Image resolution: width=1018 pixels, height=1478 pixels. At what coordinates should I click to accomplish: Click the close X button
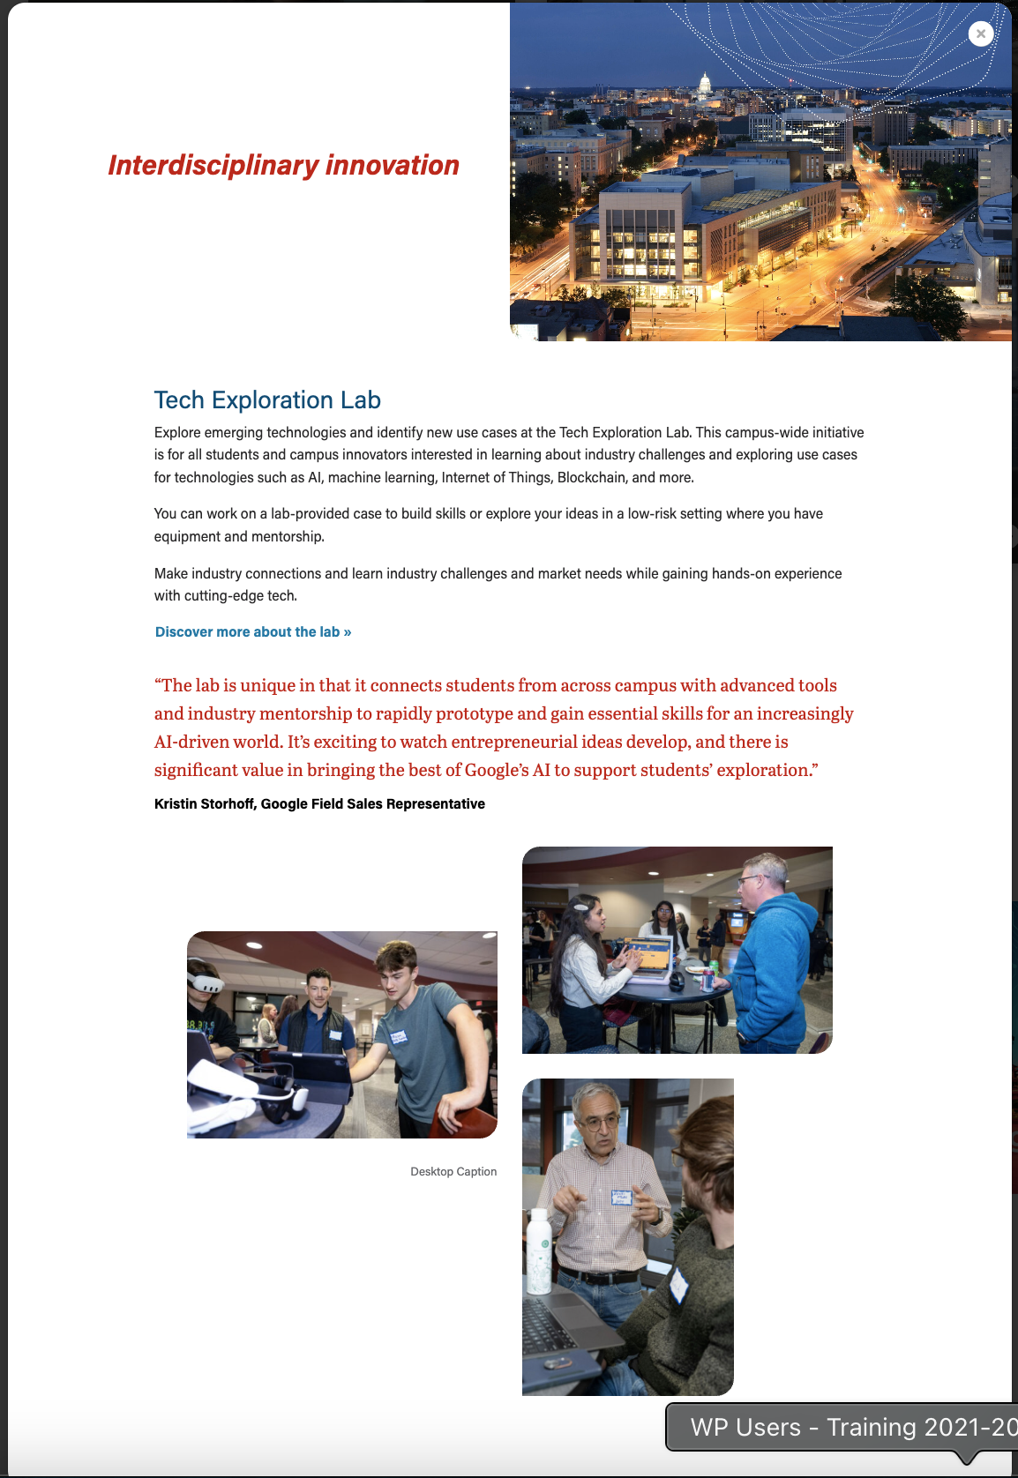tap(980, 34)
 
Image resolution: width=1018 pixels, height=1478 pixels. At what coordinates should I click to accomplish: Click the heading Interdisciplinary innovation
tap(283, 165)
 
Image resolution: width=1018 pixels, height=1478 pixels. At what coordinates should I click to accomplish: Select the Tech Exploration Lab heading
tap(267, 400)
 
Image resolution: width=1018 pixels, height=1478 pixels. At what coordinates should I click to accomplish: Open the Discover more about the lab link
tap(253, 632)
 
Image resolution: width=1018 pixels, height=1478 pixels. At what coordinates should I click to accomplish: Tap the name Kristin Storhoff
tap(206, 804)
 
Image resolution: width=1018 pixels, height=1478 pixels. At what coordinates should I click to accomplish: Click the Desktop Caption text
tap(453, 1172)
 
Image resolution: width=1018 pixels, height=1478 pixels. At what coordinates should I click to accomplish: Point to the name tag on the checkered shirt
tap(622, 1198)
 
